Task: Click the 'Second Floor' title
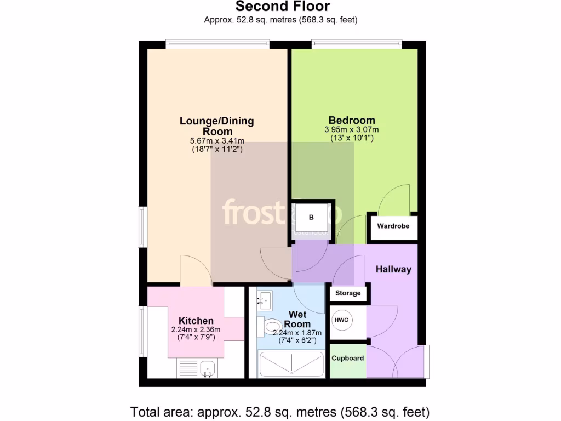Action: tap(283, 7)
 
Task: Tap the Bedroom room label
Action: tap(352, 121)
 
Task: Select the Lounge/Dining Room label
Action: tap(217, 126)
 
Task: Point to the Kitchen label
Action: tap(196, 321)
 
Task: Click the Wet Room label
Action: tap(297, 319)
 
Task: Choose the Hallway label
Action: tap(393, 269)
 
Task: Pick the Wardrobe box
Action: tap(393, 226)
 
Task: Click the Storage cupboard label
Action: tap(348, 293)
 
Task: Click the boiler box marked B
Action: tap(312, 218)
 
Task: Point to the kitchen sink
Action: tap(207, 368)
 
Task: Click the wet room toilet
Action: tap(272, 327)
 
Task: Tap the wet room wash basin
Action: tap(267, 300)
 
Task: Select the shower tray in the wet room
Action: tap(291, 364)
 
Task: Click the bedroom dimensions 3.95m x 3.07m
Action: tap(352, 130)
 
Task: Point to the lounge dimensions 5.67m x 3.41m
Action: tap(217, 141)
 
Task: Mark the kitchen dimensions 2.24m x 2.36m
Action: tap(196, 330)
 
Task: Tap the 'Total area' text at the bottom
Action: tap(280, 411)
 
